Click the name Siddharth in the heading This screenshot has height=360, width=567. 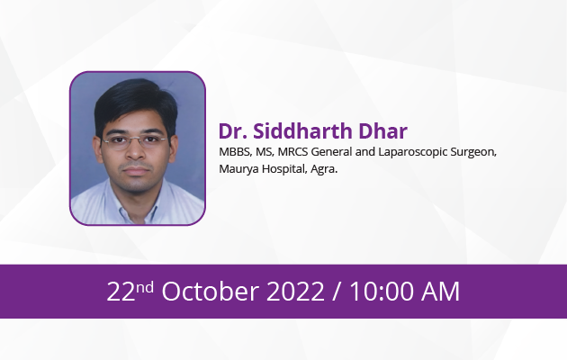click(302, 130)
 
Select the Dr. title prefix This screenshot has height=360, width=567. click(233, 131)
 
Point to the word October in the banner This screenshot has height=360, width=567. click(210, 291)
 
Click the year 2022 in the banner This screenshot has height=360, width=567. click(295, 292)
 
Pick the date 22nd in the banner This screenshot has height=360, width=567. click(130, 291)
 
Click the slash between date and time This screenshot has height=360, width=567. click(337, 292)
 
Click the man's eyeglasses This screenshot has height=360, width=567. click(134, 141)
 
